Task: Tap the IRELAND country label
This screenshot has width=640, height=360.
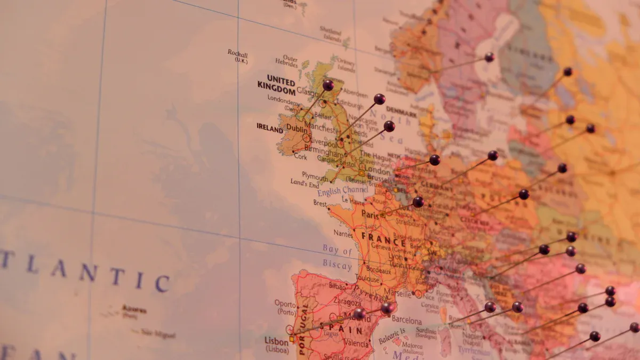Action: tap(270, 129)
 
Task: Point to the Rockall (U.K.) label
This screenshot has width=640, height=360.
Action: tap(238, 56)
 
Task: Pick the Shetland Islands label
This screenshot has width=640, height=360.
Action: tap(331, 35)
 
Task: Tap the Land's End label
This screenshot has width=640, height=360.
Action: tap(304, 182)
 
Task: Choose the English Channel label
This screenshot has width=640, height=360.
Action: tap(342, 191)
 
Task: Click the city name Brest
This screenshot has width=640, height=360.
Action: tap(320, 203)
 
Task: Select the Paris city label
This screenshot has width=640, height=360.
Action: tap(370, 213)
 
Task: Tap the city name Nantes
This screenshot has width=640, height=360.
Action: tap(343, 233)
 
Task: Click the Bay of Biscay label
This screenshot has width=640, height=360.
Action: tap(337, 257)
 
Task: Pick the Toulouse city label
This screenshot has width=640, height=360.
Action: tap(368, 278)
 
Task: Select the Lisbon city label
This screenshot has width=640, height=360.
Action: tap(277, 340)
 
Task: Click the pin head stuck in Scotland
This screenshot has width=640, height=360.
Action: tap(328, 85)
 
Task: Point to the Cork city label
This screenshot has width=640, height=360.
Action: tap(301, 157)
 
